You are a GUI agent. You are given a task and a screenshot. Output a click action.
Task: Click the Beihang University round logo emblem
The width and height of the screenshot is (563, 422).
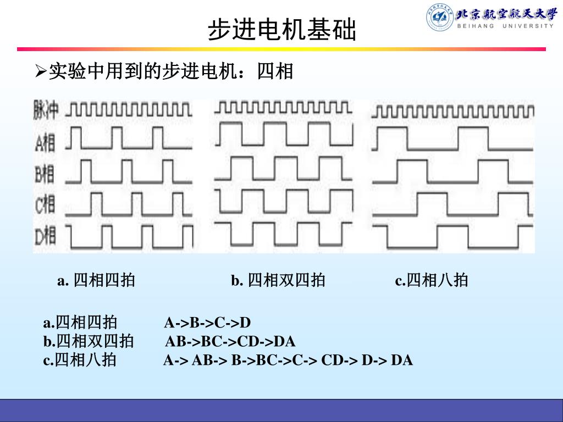[439, 17]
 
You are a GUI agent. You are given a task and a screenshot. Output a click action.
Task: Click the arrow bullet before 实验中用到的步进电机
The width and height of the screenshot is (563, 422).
[41, 71]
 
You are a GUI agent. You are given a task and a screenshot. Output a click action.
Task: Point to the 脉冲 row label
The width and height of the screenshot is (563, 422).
[46, 110]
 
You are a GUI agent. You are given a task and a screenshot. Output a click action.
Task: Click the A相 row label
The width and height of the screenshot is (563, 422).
[45, 143]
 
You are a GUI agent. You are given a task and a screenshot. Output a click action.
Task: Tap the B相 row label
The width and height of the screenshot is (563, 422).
[45, 175]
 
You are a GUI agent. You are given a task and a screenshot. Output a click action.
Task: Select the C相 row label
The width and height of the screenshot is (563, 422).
[45, 205]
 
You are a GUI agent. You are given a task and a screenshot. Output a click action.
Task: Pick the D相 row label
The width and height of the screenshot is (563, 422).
[45, 236]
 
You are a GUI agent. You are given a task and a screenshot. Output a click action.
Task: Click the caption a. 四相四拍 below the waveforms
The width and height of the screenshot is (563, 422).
[96, 281]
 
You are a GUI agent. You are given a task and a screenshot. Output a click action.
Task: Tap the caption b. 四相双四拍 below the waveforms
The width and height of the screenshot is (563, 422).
[278, 281]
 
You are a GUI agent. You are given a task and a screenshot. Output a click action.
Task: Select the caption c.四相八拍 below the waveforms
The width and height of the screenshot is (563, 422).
[432, 281]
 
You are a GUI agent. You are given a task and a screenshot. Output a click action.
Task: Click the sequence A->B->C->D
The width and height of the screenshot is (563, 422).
[207, 323]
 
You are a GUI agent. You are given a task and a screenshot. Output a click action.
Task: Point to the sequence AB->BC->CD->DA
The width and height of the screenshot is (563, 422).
[230, 342]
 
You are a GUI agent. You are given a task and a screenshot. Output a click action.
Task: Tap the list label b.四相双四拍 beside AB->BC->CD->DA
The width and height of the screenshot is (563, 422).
[89, 342]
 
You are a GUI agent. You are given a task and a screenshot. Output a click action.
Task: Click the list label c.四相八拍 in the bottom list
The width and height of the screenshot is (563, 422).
[80, 360]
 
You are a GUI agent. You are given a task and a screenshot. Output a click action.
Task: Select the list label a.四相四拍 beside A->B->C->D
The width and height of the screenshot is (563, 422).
[80, 323]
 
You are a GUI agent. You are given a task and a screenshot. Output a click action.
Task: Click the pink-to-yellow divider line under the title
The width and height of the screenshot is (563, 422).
[281, 49]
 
